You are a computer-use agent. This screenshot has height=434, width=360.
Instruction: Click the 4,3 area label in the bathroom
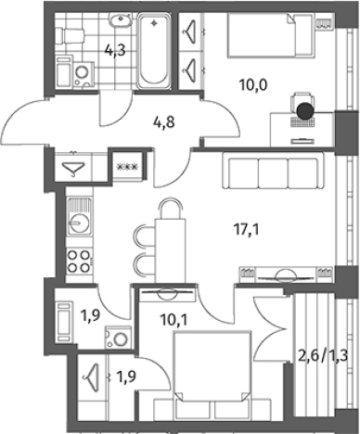(x=115, y=50)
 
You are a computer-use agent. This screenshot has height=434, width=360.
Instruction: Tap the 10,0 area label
(x=253, y=84)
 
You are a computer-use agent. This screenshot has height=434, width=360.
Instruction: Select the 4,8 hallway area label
(x=164, y=122)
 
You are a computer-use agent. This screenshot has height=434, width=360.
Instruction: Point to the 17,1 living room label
(x=246, y=230)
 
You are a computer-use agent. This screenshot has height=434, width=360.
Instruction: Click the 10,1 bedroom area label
(x=174, y=321)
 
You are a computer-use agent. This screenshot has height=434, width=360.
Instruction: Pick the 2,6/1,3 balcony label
(x=323, y=356)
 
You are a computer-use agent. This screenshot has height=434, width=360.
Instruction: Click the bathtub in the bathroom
(x=154, y=50)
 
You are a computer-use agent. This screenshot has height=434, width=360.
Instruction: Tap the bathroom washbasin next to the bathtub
(x=121, y=19)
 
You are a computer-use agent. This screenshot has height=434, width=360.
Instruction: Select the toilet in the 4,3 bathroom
(x=71, y=36)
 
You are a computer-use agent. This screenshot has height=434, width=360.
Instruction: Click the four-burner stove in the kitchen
(x=80, y=262)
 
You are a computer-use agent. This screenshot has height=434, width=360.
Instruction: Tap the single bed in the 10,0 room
(x=269, y=35)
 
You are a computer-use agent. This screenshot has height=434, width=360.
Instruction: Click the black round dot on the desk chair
(x=305, y=110)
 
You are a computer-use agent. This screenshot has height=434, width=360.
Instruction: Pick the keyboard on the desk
(x=302, y=122)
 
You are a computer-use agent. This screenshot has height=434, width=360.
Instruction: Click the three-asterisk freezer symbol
(x=127, y=167)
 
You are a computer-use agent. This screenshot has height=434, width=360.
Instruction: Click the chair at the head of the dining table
(x=170, y=209)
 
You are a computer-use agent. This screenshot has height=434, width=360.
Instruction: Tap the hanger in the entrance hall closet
(x=73, y=169)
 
